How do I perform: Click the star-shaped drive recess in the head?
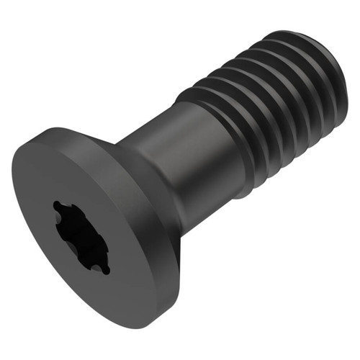click(x=81, y=238)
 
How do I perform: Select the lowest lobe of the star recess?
click(x=105, y=269)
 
